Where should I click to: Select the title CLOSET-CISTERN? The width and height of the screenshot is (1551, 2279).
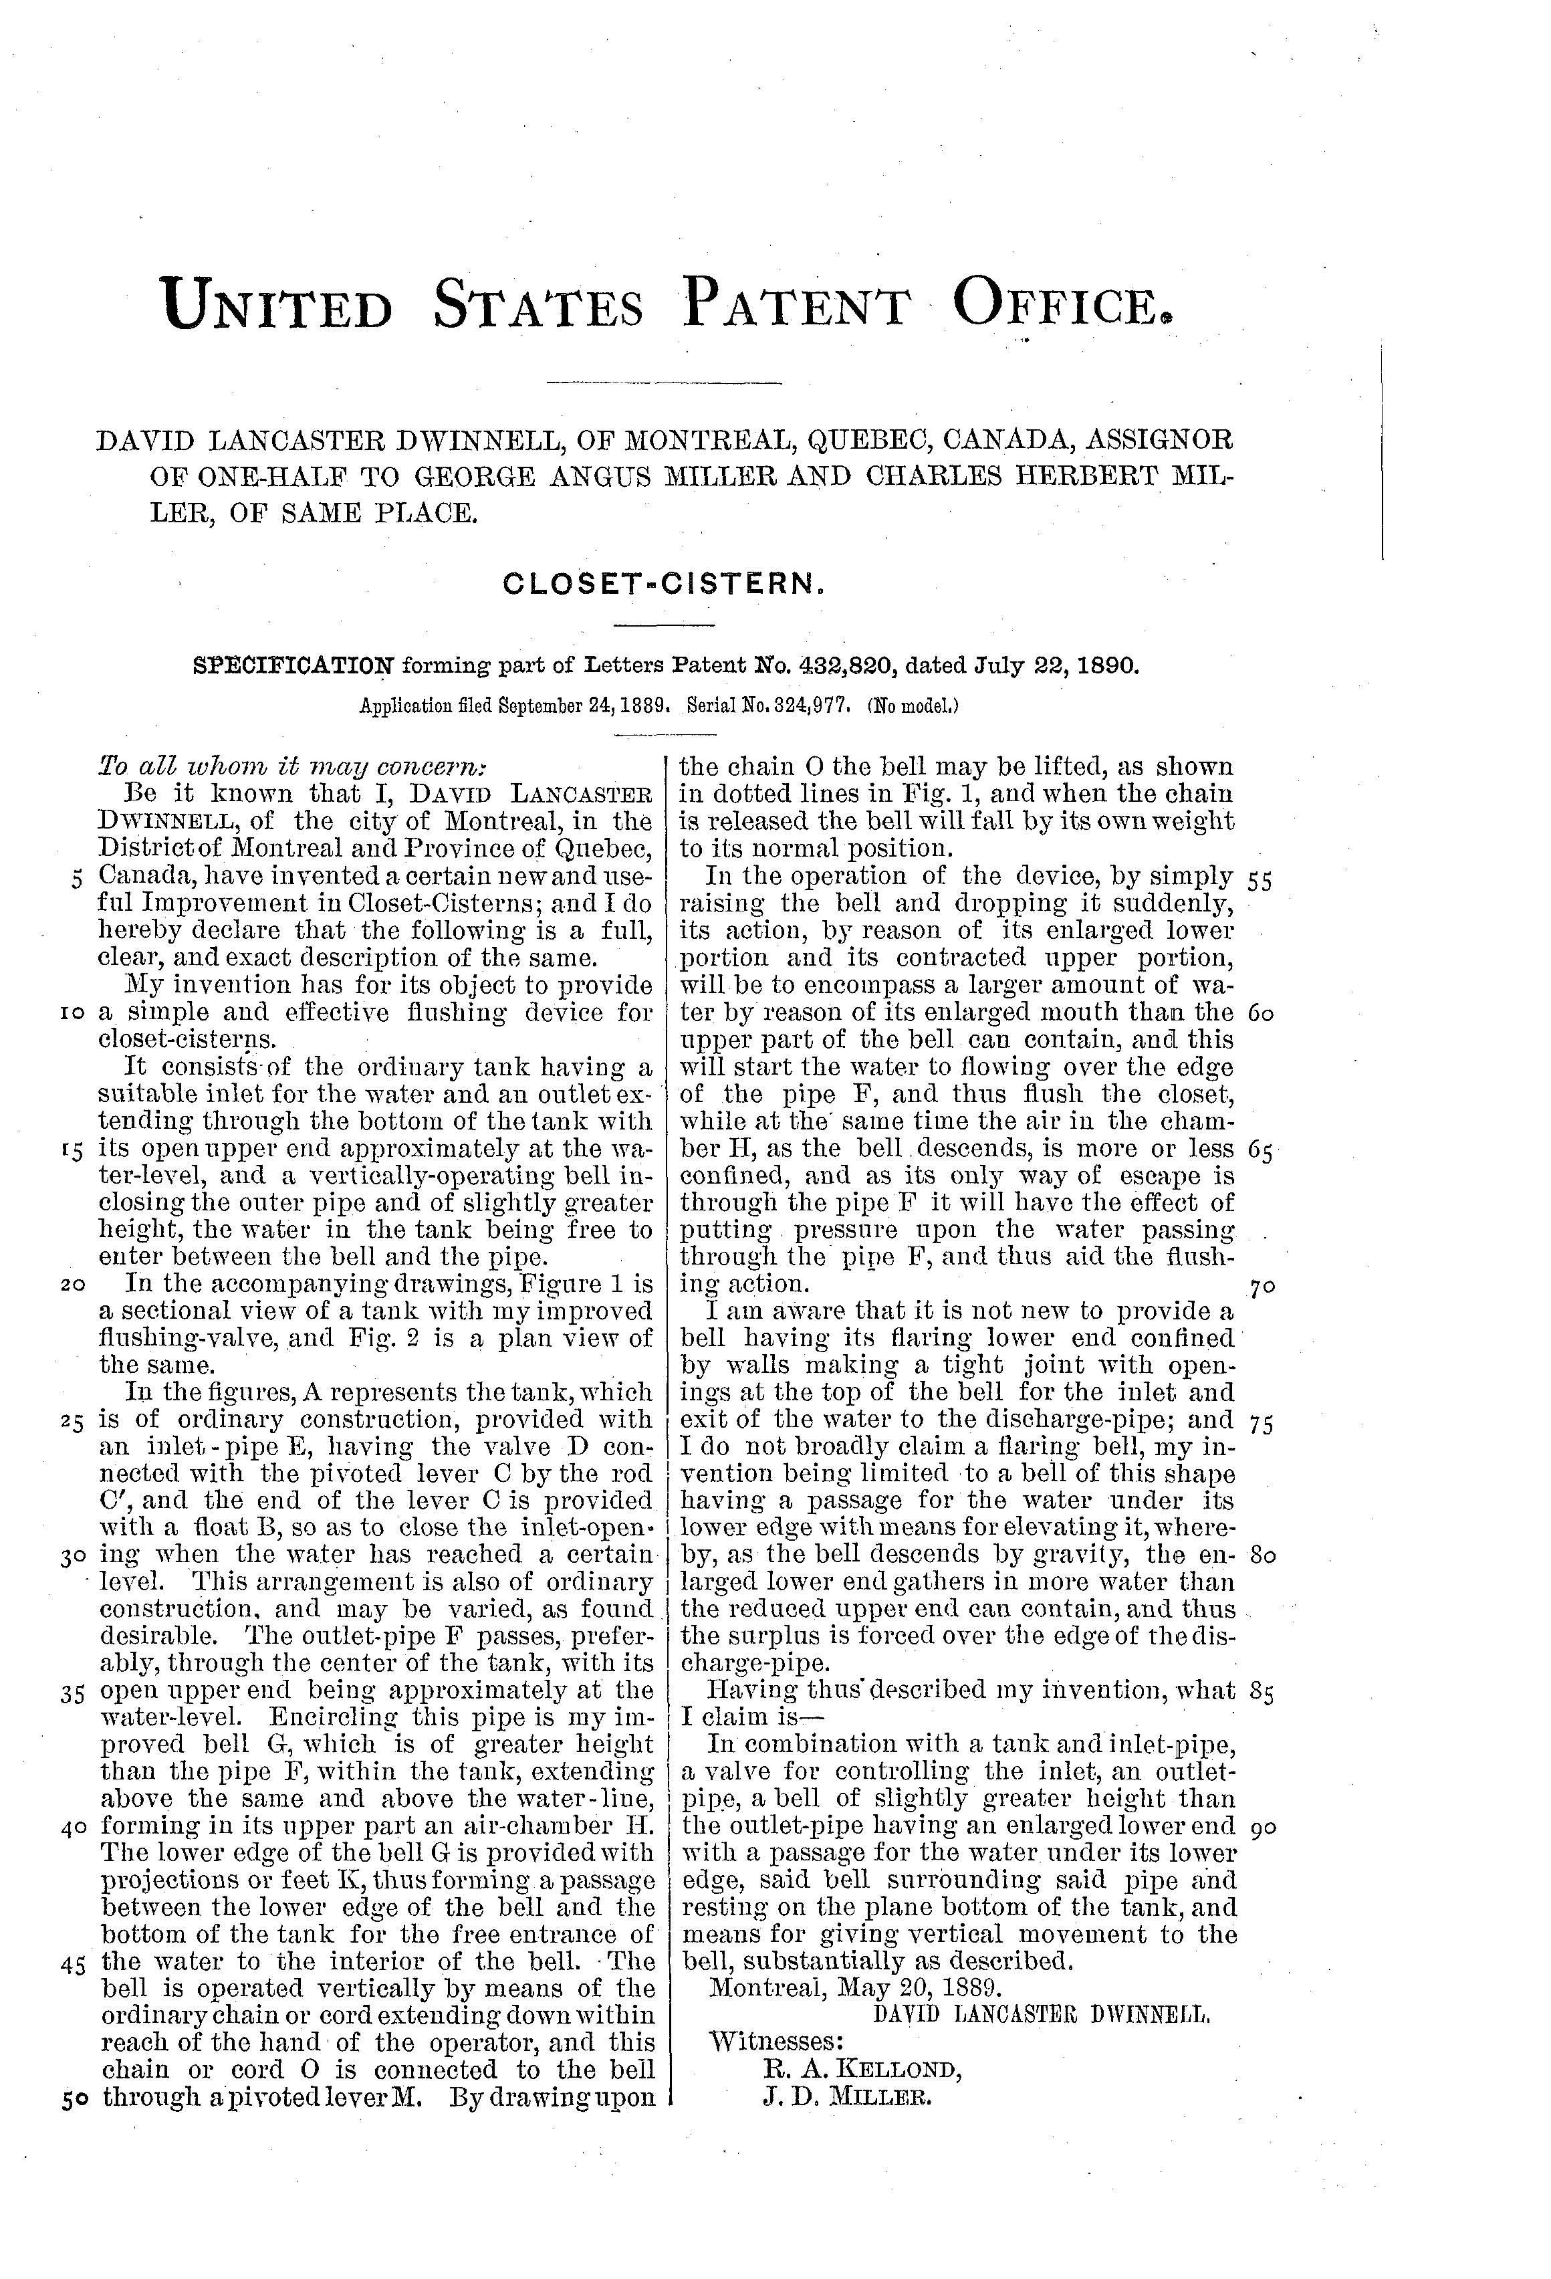(663, 584)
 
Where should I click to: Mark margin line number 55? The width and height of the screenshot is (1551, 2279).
(1260, 879)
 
